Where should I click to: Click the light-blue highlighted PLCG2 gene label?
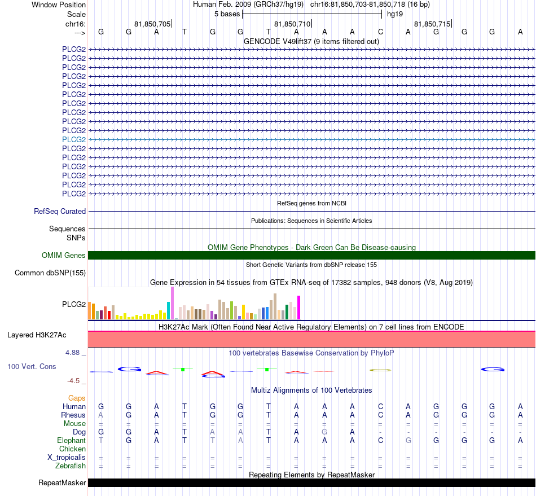(x=74, y=139)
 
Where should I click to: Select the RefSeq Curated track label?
(x=60, y=211)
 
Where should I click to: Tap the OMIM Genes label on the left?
(x=64, y=256)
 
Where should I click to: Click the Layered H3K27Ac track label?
(x=37, y=335)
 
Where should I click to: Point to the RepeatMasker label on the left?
(x=62, y=482)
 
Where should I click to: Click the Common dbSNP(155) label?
(x=50, y=273)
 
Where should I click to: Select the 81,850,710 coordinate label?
(x=292, y=24)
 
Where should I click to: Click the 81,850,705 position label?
(x=152, y=24)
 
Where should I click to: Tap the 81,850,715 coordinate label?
(x=432, y=24)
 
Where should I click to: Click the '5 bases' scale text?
(x=227, y=14)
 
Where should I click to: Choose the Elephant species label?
(x=72, y=440)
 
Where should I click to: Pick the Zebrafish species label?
(x=71, y=466)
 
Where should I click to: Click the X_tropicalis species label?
(x=67, y=458)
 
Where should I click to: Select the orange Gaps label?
(x=77, y=398)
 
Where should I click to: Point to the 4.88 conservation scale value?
(x=73, y=353)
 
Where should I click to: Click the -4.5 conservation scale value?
(x=73, y=380)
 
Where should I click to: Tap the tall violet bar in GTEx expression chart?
(x=172, y=303)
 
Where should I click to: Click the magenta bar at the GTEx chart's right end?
(x=299, y=308)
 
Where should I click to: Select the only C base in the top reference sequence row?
(x=380, y=32)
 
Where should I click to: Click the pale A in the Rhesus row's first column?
(x=100, y=415)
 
